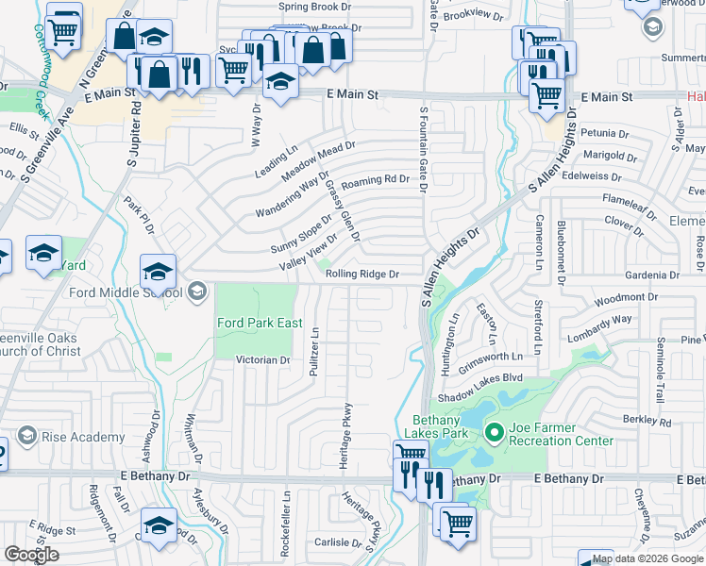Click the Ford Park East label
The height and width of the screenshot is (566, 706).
point(260,323)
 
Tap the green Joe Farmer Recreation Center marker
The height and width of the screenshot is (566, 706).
point(492,433)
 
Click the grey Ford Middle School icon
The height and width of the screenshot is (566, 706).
point(196,290)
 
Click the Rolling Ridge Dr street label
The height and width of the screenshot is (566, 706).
point(363,274)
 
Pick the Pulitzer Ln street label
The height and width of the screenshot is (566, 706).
point(315,352)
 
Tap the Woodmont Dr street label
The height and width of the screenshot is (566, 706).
point(619,298)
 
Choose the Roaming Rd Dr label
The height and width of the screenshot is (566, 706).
point(375,179)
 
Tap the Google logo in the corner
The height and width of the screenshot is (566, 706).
point(31,555)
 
